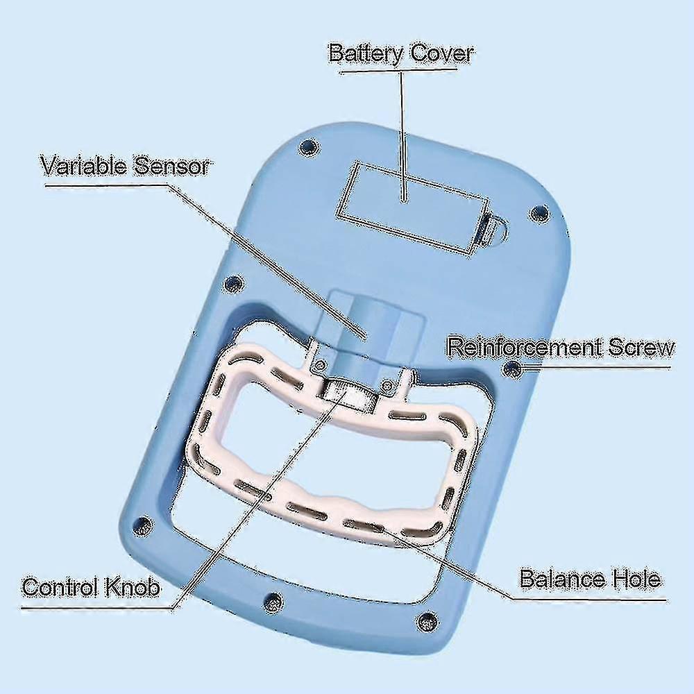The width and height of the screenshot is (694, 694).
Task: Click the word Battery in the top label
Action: pyautogui.click(x=366, y=54)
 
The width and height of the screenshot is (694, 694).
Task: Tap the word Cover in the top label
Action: pyautogui.click(x=441, y=53)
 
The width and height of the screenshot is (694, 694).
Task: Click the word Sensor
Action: pyautogui.click(x=171, y=167)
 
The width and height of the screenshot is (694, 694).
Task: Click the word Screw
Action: pyautogui.click(x=641, y=348)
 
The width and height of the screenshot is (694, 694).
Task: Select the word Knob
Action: pyautogui.click(x=131, y=587)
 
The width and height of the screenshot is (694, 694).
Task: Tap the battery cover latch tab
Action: pyautogui.click(x=491, y=229)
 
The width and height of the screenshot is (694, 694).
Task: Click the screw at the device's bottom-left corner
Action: pyautogui.click(x=142, y=525)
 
